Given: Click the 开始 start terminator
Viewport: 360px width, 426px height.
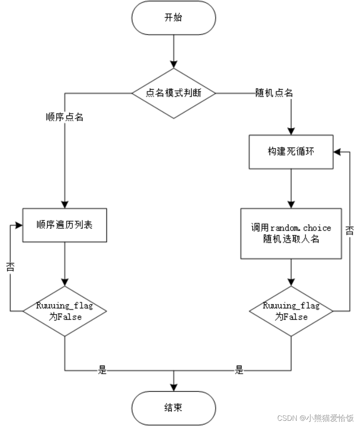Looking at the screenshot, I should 174,18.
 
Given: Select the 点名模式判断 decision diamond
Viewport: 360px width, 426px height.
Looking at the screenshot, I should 174,93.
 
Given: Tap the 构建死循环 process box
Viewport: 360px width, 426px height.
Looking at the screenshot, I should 291,152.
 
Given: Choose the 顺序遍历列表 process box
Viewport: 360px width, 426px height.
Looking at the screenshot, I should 64,225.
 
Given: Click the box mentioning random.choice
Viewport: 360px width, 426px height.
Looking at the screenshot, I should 291,233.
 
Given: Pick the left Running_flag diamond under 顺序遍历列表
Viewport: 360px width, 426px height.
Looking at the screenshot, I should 64,311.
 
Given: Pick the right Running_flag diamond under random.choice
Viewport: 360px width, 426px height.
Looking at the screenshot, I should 291,311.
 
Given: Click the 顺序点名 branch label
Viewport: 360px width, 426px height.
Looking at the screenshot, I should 64,118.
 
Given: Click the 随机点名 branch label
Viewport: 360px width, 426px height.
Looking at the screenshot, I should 274,93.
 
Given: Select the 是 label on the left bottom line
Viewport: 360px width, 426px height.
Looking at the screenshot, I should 102,370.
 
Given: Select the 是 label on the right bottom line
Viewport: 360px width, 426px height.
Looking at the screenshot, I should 239,370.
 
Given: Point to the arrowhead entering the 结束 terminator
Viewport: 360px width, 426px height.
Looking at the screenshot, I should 174,387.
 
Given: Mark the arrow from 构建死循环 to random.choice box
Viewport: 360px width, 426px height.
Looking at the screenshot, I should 291,188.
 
